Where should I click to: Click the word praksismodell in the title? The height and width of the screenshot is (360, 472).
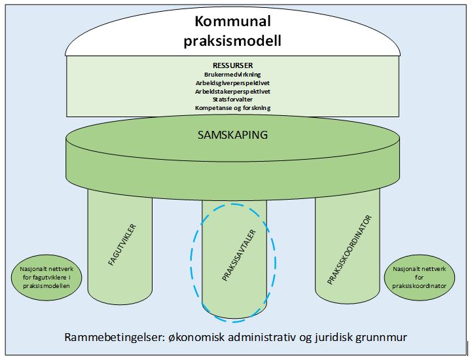coord(233,40)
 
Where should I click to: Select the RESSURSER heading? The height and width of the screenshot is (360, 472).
coord(232,65)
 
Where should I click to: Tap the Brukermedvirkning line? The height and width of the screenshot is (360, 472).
coord(232,75)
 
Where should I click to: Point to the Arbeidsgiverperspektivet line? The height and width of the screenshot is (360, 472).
coord(232,83)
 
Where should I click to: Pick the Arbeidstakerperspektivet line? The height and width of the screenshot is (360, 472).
coord(232,92)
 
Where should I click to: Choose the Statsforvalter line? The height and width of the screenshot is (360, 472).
coord(232,99)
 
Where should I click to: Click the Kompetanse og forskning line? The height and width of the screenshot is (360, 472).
coord(232,107)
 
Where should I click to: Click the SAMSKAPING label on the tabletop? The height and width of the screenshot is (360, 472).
coord(233,135)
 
